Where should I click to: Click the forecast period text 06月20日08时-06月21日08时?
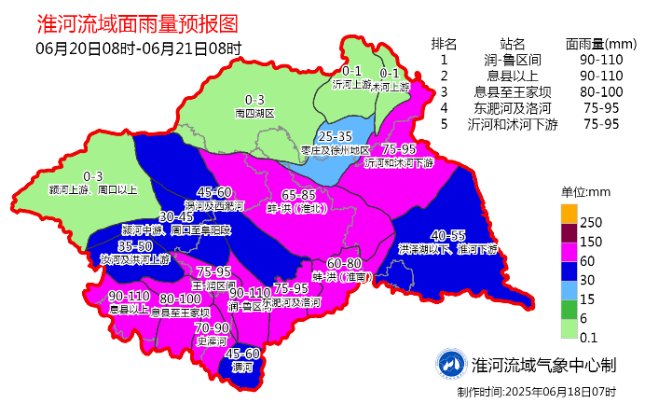coord(139,49)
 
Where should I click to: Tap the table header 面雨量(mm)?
coord(600,43)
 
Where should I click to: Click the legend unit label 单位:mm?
coord(584,192)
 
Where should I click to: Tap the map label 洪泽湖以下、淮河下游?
coord(447,250)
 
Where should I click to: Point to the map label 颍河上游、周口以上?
coord(93,189)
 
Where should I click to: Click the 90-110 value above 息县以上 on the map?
coord(129,296)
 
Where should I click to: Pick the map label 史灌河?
coord(212,341)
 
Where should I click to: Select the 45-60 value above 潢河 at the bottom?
coord(242,354)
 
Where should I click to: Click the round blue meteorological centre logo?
coord(451,364)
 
